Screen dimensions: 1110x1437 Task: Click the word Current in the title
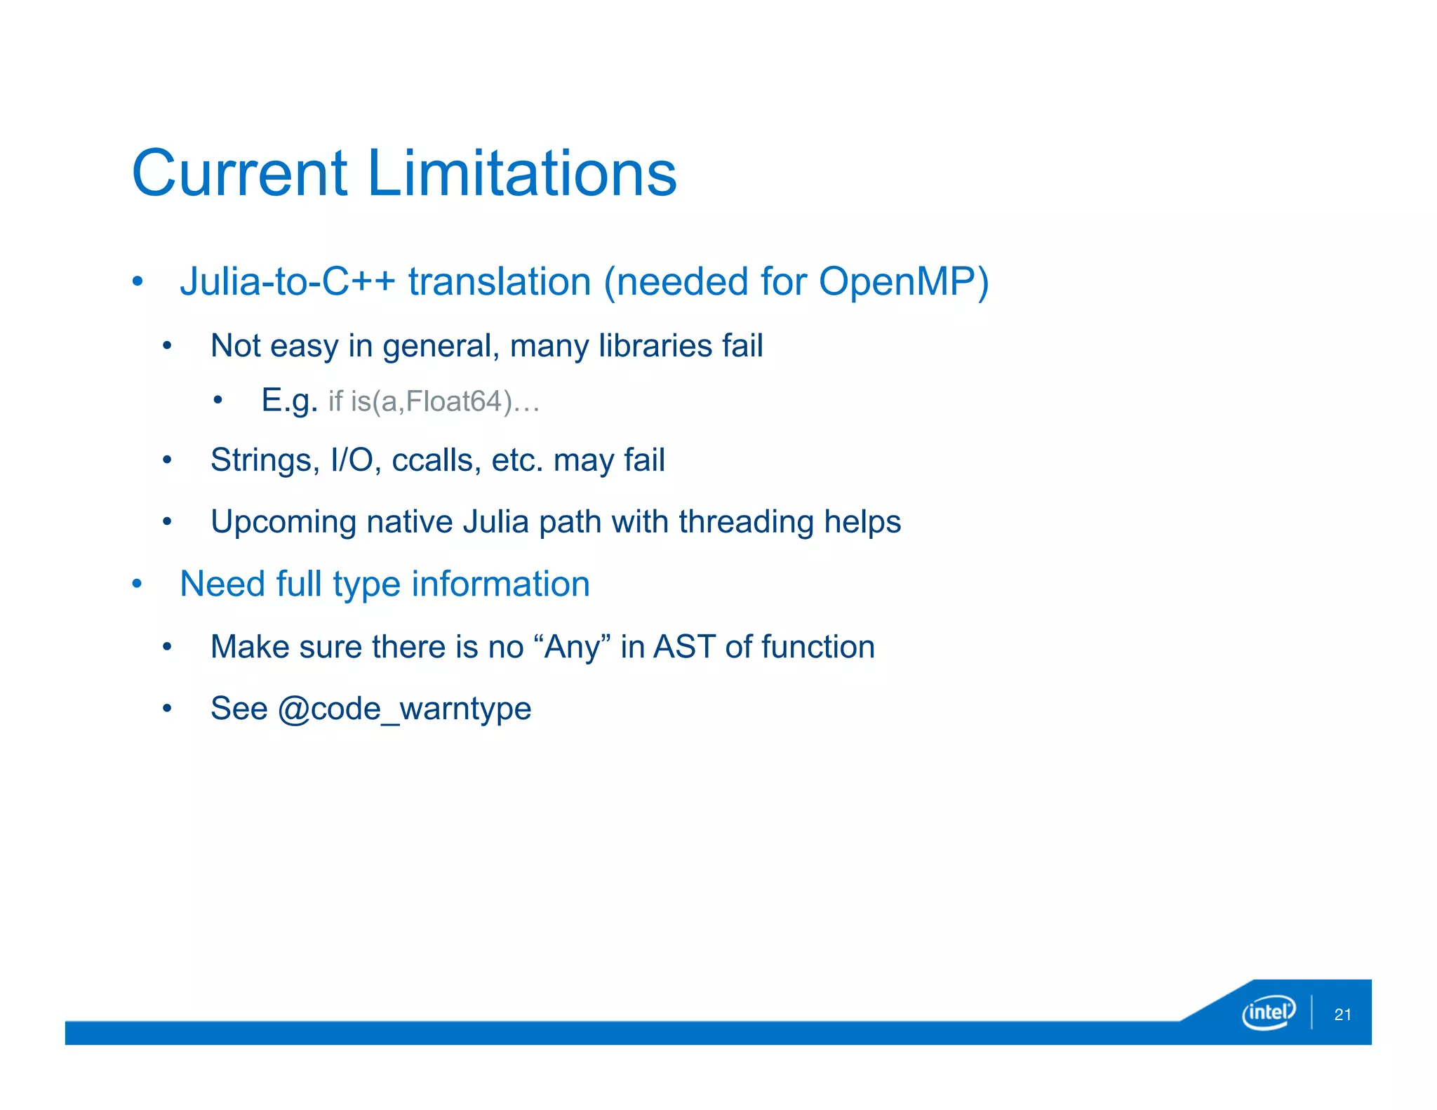coord(239,173)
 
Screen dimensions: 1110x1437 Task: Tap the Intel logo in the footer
coord(1268,1012)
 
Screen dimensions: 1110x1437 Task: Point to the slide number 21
coord(1342,1015)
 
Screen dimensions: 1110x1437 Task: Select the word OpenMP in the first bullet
coord(904,282)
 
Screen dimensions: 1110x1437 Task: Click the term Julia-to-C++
coord(288,282)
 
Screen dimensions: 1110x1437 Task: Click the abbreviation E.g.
coord(289,401)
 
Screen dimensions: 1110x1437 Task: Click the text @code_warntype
coord(405,709)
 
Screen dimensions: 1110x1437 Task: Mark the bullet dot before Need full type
coord(138,584)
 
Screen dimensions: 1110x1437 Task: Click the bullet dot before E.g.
coord(218,401)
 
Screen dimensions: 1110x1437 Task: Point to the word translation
coord(500,282)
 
